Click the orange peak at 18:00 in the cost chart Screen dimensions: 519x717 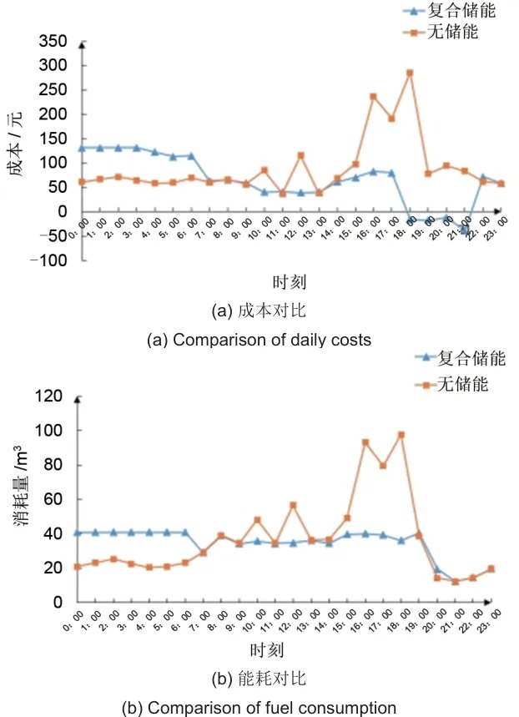pyautogui.click(x=410, y=73)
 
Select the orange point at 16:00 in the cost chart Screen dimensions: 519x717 pyautogui.click(x=373, y=97)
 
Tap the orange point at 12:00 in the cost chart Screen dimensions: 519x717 pyautogui.click(x=301, y=155)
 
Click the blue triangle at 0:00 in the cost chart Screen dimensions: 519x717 pyautogui.click(x=83, y=148)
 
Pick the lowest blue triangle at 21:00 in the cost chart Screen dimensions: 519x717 pyautogui.click(x=465, y=229)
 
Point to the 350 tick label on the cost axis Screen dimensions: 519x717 pyautogui.click(x=53, y=41)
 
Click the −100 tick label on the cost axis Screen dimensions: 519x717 pyautogui.click(x=48, y=260)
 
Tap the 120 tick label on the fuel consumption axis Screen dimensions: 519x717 pyautogui.click(x=48, y=396)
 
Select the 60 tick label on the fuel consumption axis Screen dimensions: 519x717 pyautogui.click(x=53, y=498)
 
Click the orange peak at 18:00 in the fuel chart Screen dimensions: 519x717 pyautogui.click(x=401, y=435)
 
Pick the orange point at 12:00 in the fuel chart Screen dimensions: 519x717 pyautogui.click(x=293, y=505)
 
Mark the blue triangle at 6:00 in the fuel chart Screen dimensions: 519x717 pyautogui.click(x=185, y=533)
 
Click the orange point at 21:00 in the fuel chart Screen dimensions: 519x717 pyautogui.click(x=456, y=582)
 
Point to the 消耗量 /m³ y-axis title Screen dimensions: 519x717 pyautogui.click(x=20, y=485)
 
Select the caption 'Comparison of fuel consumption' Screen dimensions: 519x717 pyautogui.click(x=272, y=707)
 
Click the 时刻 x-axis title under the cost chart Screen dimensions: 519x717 pyautogui.click(x=290, y=282)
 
